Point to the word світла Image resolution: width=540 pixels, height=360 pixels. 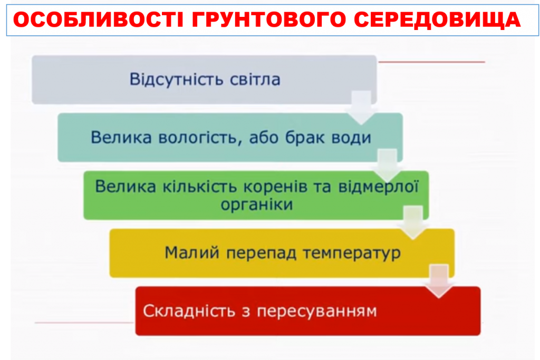tap(255, 80)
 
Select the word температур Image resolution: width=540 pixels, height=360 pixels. tap(352, 252)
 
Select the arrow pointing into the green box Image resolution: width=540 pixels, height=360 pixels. tap(388, 164)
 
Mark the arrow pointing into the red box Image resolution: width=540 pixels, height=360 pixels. tap(440, 280)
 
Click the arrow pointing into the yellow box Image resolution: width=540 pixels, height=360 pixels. tap(413, 222)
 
